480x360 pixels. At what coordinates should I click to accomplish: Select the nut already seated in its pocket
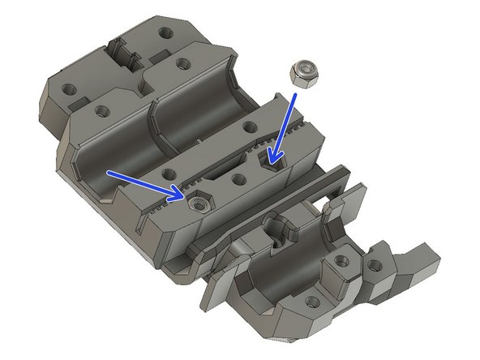click(196, 205)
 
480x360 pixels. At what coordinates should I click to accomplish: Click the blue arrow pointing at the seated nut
click(146, 184)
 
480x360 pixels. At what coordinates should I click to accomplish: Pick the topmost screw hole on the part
click(167, 34)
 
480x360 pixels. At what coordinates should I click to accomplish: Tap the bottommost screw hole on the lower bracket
click(313, 302)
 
